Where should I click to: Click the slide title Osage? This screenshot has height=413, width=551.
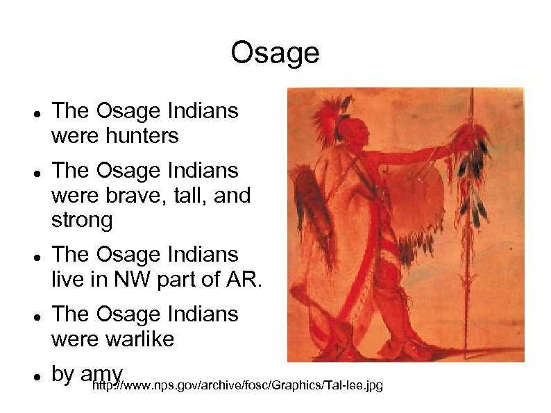(275, 53)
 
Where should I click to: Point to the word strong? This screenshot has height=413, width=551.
(82, 221)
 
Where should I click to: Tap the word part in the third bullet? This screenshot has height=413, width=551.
(167, 280)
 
